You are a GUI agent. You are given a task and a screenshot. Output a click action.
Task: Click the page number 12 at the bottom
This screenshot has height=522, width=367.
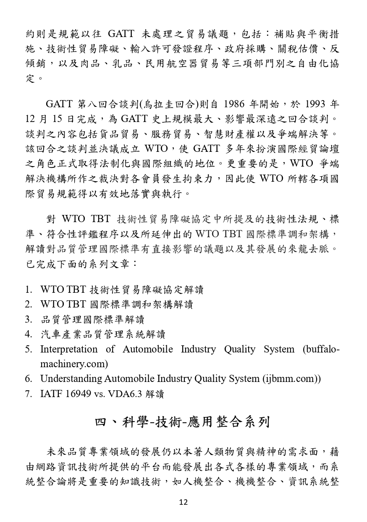[183, 502]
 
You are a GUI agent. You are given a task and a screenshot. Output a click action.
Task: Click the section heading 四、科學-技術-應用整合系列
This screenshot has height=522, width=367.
[183, 422]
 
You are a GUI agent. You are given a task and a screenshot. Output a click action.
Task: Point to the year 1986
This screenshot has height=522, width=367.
[238, 104]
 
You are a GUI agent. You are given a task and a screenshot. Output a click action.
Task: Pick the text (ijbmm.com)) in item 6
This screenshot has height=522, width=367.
[292, 379]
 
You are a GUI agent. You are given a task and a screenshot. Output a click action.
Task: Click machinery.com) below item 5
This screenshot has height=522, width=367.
[74, 364]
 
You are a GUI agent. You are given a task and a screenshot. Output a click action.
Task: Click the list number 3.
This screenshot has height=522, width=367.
[28, 319]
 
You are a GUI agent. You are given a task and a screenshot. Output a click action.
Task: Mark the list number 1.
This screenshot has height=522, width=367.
[28, 289]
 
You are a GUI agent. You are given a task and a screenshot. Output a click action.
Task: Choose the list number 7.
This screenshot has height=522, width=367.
[28, 394]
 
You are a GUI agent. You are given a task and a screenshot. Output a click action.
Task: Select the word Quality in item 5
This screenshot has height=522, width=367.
[239, 349]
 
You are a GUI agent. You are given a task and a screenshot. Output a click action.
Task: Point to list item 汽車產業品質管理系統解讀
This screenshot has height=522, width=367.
[103, 334]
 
